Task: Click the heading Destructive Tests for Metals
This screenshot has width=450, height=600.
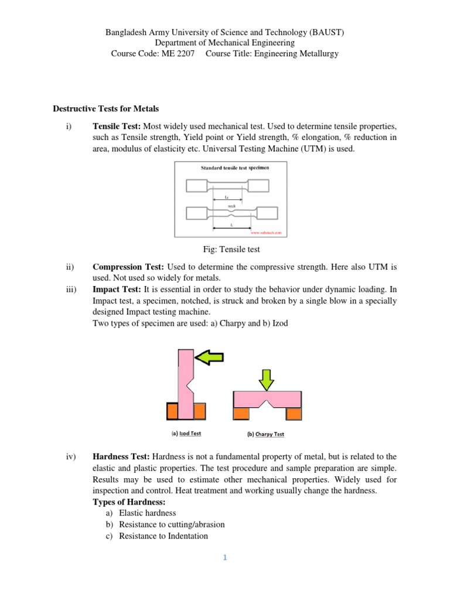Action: tap(105, 108)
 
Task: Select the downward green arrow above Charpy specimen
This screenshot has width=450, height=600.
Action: tap(267, 378)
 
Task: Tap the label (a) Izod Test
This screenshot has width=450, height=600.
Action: tap(186, 434)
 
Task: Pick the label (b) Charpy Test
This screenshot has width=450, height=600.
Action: tap(262, 434)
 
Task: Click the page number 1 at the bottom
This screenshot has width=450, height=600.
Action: tap(224, 558)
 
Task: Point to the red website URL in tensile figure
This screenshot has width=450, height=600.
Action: tap(266, 233)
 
